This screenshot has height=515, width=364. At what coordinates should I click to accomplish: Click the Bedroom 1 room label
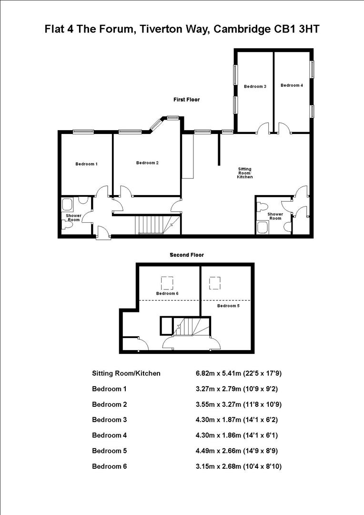point(86,164)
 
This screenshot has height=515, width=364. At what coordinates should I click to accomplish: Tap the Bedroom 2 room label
point(147,163)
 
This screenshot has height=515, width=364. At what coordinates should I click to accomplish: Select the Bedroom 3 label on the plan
point(255,86)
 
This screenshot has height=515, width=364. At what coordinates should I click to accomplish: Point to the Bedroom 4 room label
point(292,85)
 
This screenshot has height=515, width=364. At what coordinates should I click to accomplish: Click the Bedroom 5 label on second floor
point(228,306)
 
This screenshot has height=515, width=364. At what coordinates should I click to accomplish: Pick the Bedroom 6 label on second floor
point(167,293)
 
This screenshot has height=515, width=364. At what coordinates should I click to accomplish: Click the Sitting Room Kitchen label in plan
point(245,173)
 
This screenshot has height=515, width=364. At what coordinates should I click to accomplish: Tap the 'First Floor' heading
point(186,100)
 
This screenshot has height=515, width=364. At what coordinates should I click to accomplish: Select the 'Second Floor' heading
point(187,255)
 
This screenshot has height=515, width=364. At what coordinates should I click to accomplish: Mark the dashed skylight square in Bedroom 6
point(167,283)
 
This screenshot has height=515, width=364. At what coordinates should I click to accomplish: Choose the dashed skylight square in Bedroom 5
point(215,283)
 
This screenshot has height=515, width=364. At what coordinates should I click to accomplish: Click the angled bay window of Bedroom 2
point(156,124)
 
